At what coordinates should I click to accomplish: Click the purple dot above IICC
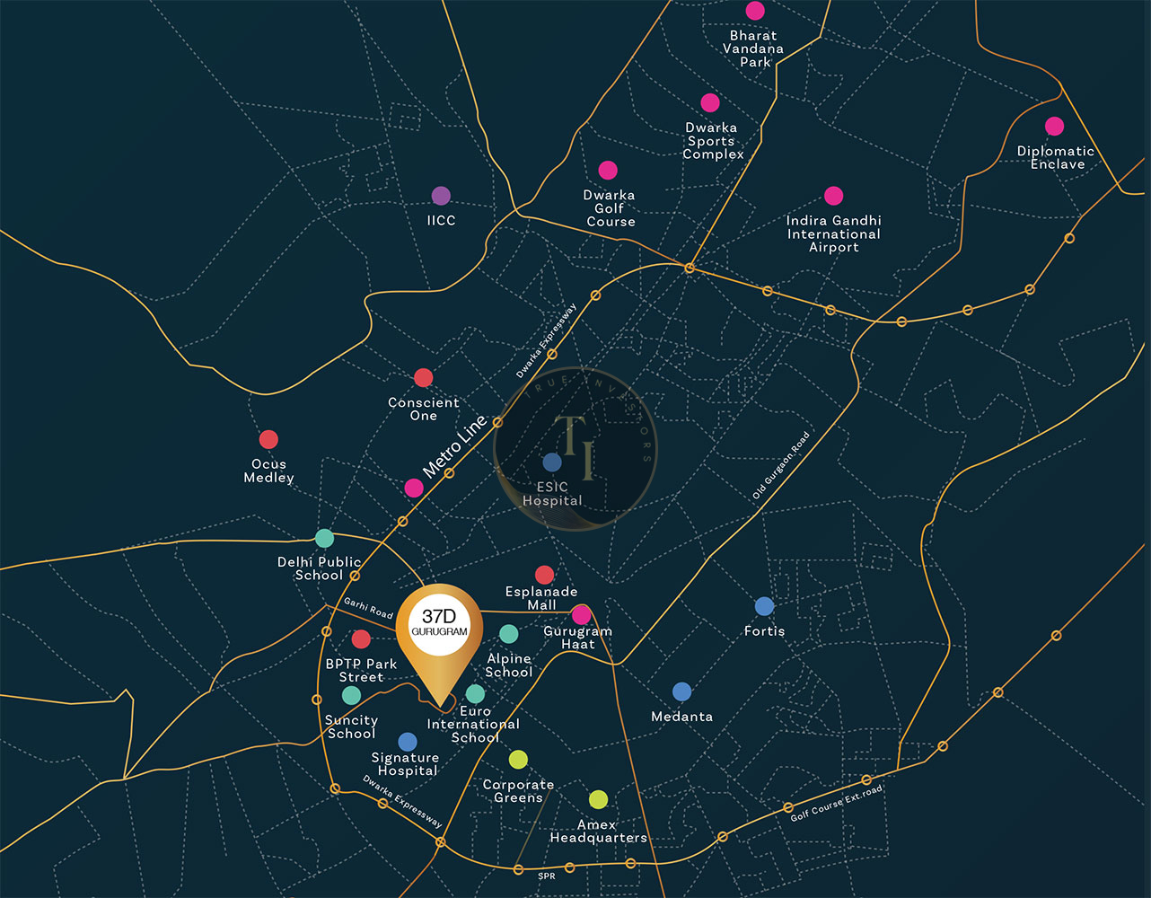point(441,196)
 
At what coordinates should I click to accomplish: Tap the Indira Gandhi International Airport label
point(834,233)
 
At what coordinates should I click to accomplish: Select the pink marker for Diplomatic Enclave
point(1054,127)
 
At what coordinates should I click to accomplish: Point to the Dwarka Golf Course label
point(610,208)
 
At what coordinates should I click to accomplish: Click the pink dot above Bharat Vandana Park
point(755,11)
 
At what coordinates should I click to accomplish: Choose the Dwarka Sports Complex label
point(712,141)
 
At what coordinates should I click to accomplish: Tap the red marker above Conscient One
point(423,378)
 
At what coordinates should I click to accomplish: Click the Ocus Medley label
point(268,471)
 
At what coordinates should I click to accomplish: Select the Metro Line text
point(454,446)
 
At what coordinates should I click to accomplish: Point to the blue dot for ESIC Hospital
point(552,462)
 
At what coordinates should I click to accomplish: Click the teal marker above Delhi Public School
point(324,538)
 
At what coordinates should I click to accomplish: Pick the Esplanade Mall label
point(541,598)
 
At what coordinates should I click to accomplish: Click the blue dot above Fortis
point(764,606)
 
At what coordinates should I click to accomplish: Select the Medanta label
point(681,717)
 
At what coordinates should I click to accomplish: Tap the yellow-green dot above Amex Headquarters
point(599,799)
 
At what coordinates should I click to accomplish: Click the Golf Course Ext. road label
point(836,803)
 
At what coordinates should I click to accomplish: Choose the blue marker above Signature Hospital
point(407,742)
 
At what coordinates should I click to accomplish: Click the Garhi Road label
point(368,608)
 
